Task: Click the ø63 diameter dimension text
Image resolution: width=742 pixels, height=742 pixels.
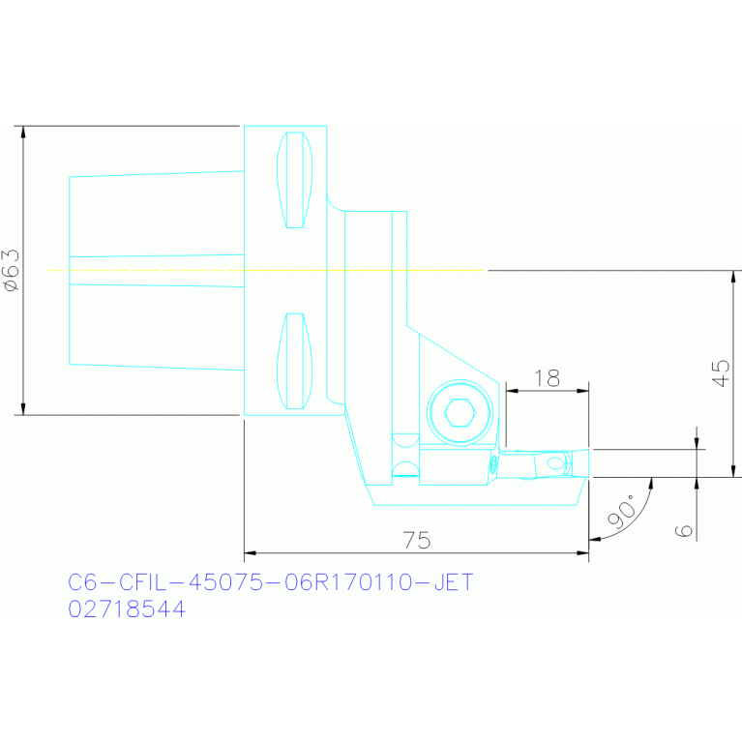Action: (x=11, y=270)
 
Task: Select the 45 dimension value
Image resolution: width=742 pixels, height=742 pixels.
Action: (x=720, y=373)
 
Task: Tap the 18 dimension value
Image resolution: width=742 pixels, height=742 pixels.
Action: (x=548, y=377)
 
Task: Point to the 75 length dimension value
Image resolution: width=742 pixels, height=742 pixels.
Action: (x=416, y=541)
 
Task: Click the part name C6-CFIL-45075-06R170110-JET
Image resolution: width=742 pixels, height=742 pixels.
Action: (x=271, y=582)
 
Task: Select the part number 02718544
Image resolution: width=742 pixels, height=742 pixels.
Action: (x=127, y=609)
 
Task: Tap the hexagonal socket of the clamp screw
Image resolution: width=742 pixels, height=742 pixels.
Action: (x=460, y=414)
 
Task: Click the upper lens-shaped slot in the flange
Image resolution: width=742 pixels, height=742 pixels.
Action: (x=295, y=179)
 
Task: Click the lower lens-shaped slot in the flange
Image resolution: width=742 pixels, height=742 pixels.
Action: (x=295, y=361)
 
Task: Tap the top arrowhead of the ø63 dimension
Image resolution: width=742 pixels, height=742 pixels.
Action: (x=22, y=132)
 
